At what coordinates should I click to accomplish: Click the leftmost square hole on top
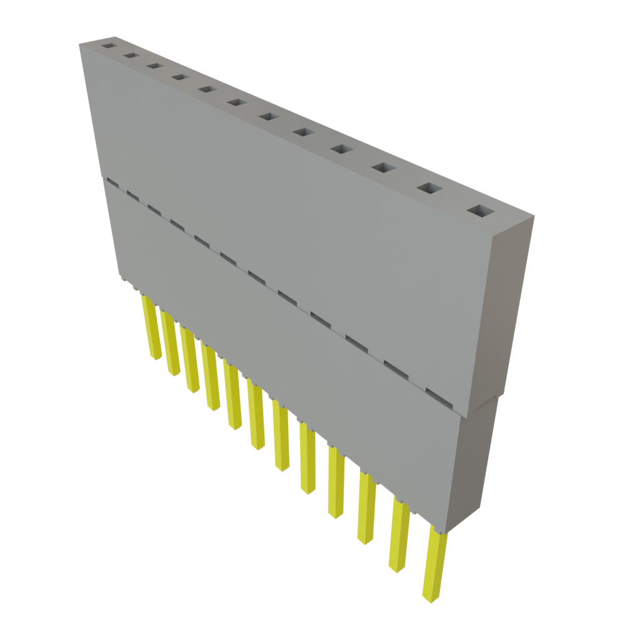coord(110,46)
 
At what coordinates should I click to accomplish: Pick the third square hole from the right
coord(383,168)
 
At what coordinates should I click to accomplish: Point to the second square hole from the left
coord(131,56)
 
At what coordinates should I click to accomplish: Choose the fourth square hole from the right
coord(342,149)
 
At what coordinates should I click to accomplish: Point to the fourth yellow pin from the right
coord(335,482)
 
